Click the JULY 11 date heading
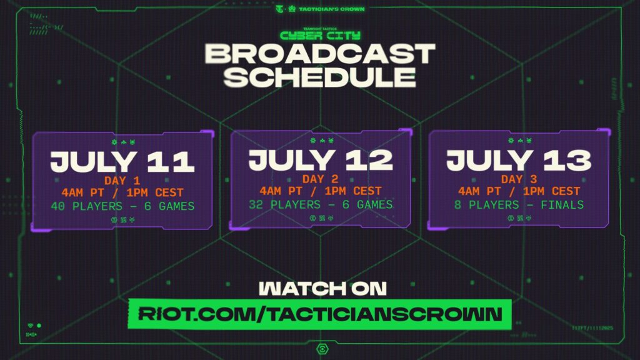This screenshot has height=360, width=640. [122, 161]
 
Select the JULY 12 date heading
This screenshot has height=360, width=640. [321, 160]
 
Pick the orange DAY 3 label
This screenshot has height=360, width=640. [518, 180]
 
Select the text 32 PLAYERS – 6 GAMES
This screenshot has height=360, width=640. [321, 204]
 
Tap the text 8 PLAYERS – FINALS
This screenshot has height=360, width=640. [518, 205]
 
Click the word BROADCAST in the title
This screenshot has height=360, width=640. [319, 54]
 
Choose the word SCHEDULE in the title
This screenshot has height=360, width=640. [319, 77]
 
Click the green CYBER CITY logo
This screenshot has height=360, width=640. [319, 35]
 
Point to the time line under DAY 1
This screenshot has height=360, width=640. [122, 193]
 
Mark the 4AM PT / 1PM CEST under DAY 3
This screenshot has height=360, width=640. [518, 192]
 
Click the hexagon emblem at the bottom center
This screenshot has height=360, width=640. [320, 348]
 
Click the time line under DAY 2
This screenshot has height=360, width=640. [321, 191]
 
